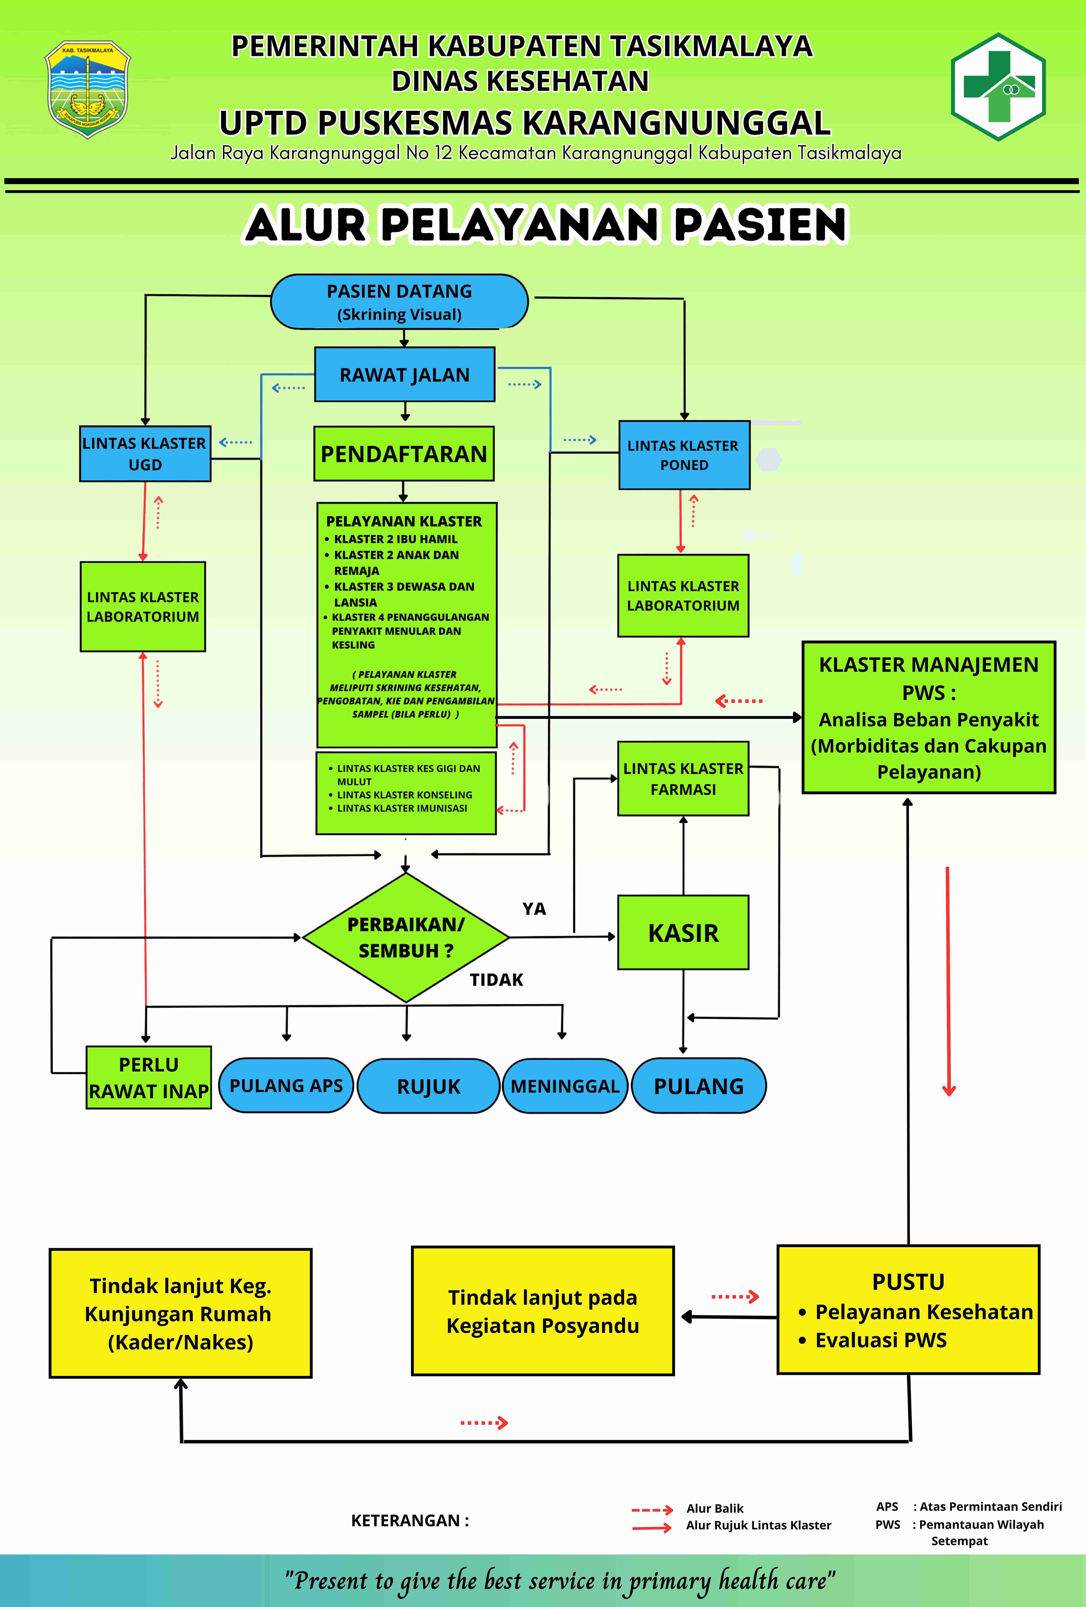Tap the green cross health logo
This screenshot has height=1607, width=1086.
(998, 87)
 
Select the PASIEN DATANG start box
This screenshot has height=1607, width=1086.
(399, 302)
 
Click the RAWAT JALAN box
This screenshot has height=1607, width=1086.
(405, 374)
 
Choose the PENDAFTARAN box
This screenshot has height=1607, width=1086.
(404, 454)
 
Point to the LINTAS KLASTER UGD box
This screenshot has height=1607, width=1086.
(145, 454)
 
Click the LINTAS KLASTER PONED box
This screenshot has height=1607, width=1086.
(684, 455)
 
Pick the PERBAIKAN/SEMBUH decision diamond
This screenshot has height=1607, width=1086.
(406, 938)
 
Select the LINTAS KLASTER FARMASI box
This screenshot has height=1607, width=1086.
(683, 779)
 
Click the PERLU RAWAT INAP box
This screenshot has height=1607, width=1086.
(149, 1077)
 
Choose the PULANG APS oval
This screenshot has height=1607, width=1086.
(286, 1085)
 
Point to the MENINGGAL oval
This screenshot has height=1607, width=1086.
(565, 1086)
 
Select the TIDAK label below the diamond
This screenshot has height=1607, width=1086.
(497, 980)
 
